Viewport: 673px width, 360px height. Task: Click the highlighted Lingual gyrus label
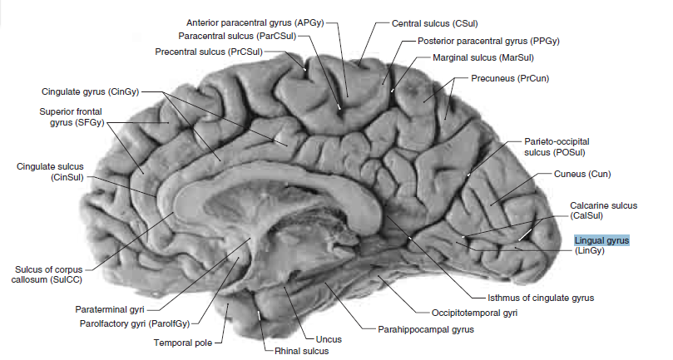[x=601, y=240]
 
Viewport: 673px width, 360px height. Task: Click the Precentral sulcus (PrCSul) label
[x=209, y=52]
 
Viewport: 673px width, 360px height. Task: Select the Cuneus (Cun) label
[x=582, y=174]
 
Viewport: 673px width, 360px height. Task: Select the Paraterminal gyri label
[x=111, y=308]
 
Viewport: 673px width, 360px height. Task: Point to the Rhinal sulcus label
[x=301, y=352]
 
